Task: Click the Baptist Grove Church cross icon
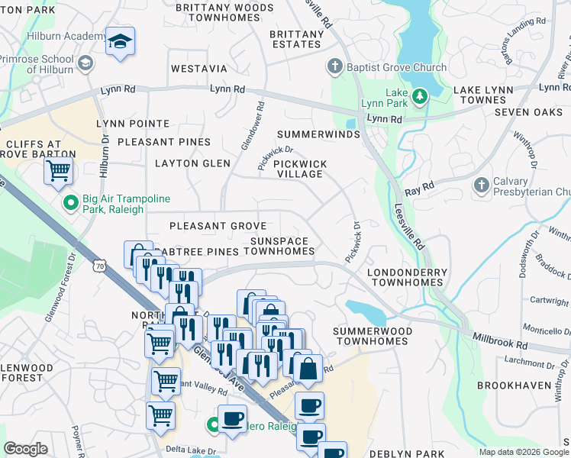pyautogui.click(x=334, y=67)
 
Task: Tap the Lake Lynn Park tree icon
pyautogui.click(x=418, y=96)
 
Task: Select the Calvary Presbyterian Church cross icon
pyautogui.click(x=481, y=185)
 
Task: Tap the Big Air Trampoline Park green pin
pyautogui.click(x=70, y=203)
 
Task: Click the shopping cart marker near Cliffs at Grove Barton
pyautogui.click(x=58, y=172)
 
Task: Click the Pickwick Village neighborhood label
pyautogui.click(x=300, y=169)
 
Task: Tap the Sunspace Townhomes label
pyautogui.click(x=279, y=246)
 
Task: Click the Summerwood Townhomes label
pyautogui.click(x=373, y=336)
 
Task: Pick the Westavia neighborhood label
pyautogui.click(x=199, y=69)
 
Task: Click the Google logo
pyautogui.click(x=26, y=449)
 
